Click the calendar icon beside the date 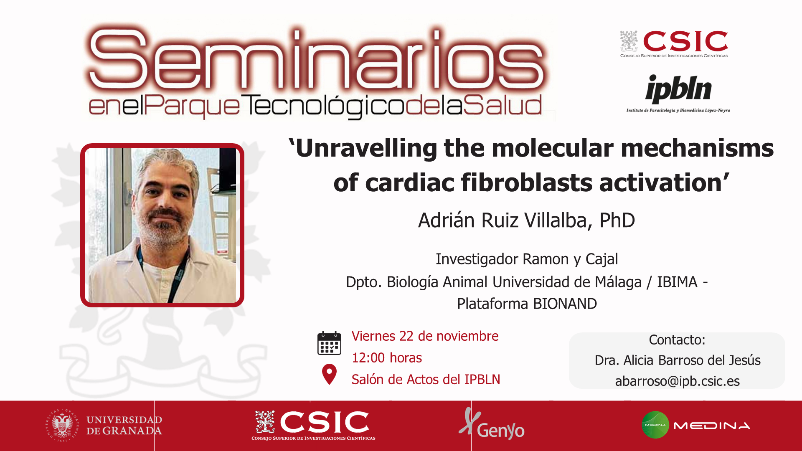[x=329, y=343]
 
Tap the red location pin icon [x=329, y=374]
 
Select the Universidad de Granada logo [x=104, y=426]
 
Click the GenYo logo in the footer [x=492, y=425]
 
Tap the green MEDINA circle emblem [x=655, y=425]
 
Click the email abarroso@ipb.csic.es [x=677, y=381]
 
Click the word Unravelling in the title [x=366, y=148]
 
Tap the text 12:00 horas [x=387, y=358]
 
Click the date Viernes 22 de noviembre [x=425, y=336]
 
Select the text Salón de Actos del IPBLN [x=426, y=379]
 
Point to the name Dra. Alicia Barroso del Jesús [x=677, y=360]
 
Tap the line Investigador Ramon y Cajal [x=527, y=259]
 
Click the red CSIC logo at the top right [x=674, y=44]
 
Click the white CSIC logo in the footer [x=313, y=425]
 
